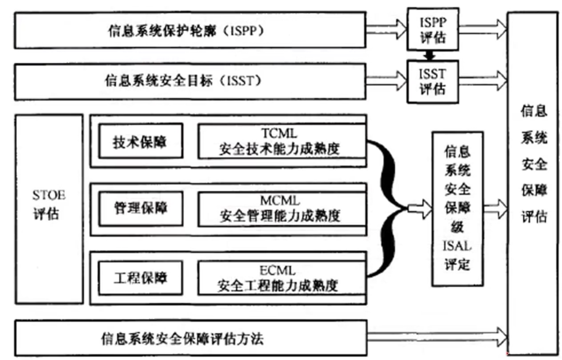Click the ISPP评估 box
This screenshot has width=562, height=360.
tap(433, 30)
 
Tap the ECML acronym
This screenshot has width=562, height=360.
tap(278, 270)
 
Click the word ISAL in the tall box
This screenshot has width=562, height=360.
tap(457, 246)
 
